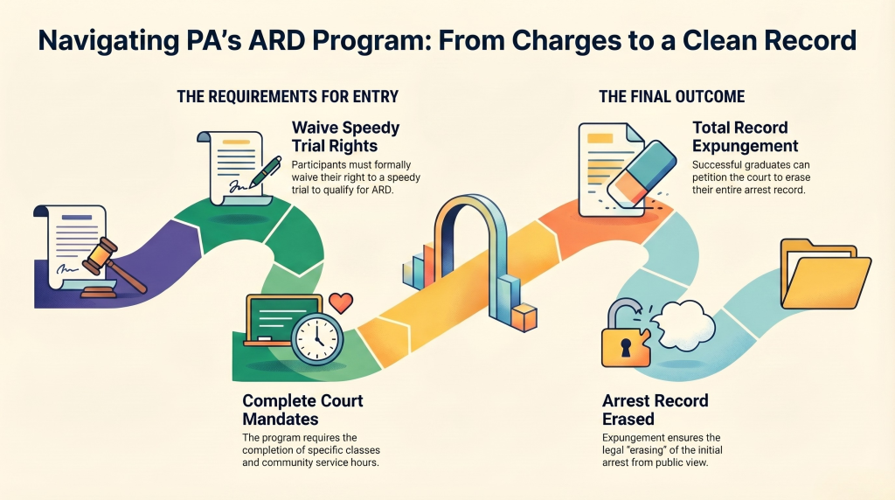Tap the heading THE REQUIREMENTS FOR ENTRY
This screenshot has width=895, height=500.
coord(288,96)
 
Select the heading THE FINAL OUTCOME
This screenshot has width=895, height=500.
coord(672,96)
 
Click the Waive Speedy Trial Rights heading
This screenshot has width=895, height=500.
coord(345,136)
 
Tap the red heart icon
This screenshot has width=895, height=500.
coord(341,302)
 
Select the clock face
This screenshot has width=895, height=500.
coord(317,338)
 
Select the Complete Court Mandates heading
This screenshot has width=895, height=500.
coord(302,410)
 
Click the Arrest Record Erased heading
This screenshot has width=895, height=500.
coord(656,410)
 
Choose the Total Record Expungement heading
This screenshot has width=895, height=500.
coord(746,136)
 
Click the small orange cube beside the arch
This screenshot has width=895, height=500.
coord(524,318)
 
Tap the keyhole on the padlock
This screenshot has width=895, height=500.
coord(626,348)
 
